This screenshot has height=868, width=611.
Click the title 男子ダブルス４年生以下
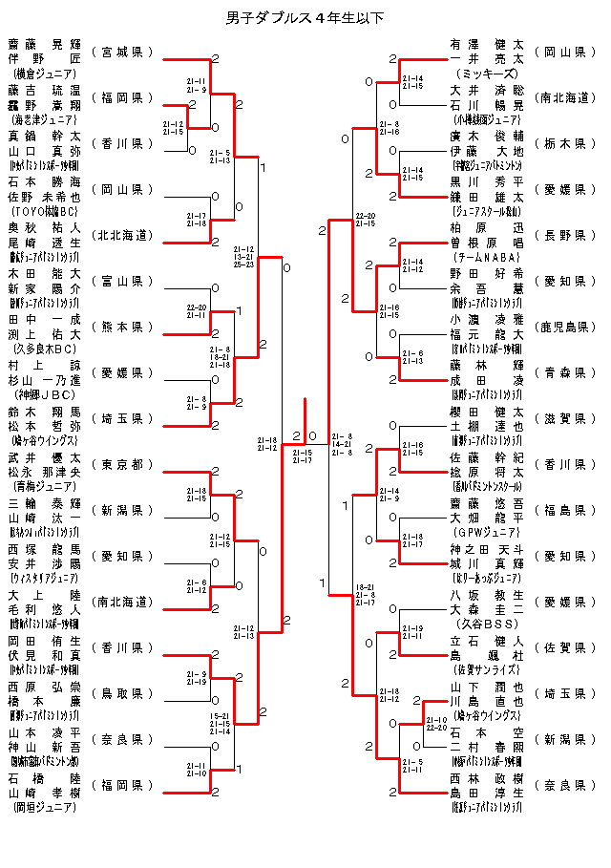[x=305, y=18]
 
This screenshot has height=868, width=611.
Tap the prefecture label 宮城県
[x=123, y=52]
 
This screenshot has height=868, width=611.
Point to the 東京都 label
[x=123, y=464]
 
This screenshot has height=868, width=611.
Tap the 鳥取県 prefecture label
[x=123, y=693]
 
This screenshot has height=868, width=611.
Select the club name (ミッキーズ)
[x=486, y=73]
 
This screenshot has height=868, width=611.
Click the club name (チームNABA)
[x=486, y=256]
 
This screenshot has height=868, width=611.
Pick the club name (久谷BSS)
[x=486, y=623]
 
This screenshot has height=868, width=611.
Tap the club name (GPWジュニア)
[x=486, y=531]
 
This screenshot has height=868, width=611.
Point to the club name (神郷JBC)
[x=44, y=393]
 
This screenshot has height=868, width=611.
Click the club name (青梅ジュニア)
[x=44, y=485]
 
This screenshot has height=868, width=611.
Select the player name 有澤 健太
[x=486, y=44]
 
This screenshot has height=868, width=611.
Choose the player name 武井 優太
[x=44, y=457]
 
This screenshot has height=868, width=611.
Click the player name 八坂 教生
[x=486, y=594]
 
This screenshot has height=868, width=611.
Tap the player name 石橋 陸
[x=44, y=778]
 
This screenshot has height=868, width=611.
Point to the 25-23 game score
[x=242, y=264]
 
